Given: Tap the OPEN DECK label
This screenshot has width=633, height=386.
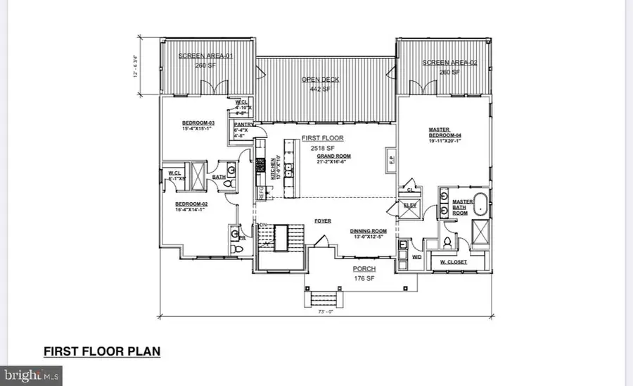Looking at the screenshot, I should tap(321, 80).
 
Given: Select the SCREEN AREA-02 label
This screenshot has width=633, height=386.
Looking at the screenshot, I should tap(449, 63).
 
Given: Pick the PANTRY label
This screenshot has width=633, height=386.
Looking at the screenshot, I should tap(243, 125).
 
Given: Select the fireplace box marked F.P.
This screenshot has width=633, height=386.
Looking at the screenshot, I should tap(390, 161).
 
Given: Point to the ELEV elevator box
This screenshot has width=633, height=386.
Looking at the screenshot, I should tap(409, 205).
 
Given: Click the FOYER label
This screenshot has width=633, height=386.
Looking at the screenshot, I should tap(323, 220).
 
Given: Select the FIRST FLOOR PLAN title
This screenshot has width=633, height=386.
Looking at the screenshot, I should tap(102, 351).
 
